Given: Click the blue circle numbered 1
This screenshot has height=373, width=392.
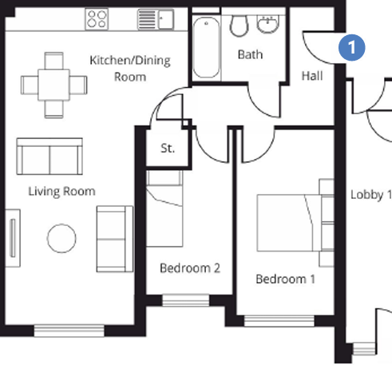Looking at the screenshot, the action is pyautogui.click(x=351, y=47).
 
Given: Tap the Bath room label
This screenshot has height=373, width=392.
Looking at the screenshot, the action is pyautogui.click(x=250, y=54).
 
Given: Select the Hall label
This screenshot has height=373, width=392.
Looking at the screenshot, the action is pyautogui.click(x=312, y=76).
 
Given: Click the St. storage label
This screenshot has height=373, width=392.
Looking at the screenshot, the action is pyautogui.click(x=168, y=149).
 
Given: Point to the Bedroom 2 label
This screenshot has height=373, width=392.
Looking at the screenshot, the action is pyautogui.click(x=190, y=268).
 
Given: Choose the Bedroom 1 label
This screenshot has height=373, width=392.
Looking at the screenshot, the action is pyautogui.click(x=285, y=280).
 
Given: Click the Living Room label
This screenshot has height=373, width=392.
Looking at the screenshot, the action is pyautogui.click(x=61, y=192).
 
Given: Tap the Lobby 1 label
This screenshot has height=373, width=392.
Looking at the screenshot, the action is pyautogui.click(x=371, y=195).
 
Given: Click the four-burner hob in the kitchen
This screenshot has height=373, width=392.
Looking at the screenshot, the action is pyautogui.click(x=97, y=19).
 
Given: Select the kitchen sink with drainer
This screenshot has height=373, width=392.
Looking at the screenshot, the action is pyautogui.click(x=156, y=19).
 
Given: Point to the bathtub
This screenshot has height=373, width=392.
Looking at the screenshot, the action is pyautogui.click(x=207, y=47).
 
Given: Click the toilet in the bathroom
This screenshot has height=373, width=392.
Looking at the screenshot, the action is pyautogui.click(x=239, y=26).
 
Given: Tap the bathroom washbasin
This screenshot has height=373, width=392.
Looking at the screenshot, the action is pyautogui.click(x=267, y=24).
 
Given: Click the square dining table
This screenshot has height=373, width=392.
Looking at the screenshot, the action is pyautogui.click(x=54, y=85).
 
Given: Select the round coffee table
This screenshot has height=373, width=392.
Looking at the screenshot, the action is pyautogui.click(x=61, y=238).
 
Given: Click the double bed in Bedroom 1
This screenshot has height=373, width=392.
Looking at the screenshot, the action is pyautogui.click(x=290, y=223).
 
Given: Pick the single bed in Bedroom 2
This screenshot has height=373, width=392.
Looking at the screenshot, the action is pyautogui.click(x=164, y=208).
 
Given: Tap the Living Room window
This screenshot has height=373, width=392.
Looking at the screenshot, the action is pyautogui.click(x=69, y=331).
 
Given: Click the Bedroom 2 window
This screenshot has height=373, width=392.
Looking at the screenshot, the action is pyautogui.click(x=186, y=300).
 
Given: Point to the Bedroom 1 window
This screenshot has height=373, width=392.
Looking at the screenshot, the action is pyautogui.click(x=279, y=321).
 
